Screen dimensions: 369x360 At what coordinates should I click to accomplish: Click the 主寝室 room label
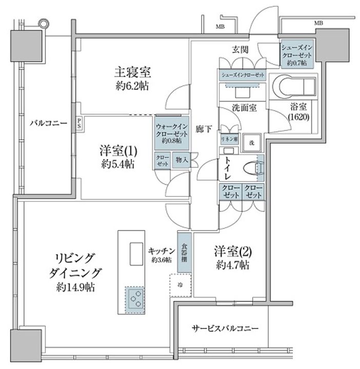click(x=132, y=72)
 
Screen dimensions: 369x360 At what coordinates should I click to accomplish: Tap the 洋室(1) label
click(x=117, y=152)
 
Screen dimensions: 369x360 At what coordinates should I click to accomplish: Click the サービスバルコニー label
click(x=225, y=328)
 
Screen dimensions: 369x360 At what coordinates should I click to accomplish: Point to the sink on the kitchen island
click(x=136, y=252)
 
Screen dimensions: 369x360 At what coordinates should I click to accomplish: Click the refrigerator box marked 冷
click(x=181, y=284)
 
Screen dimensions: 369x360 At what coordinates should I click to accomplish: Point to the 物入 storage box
click(x=182, y=160)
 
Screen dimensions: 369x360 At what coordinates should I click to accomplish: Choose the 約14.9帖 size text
click(x=76, y=287)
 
